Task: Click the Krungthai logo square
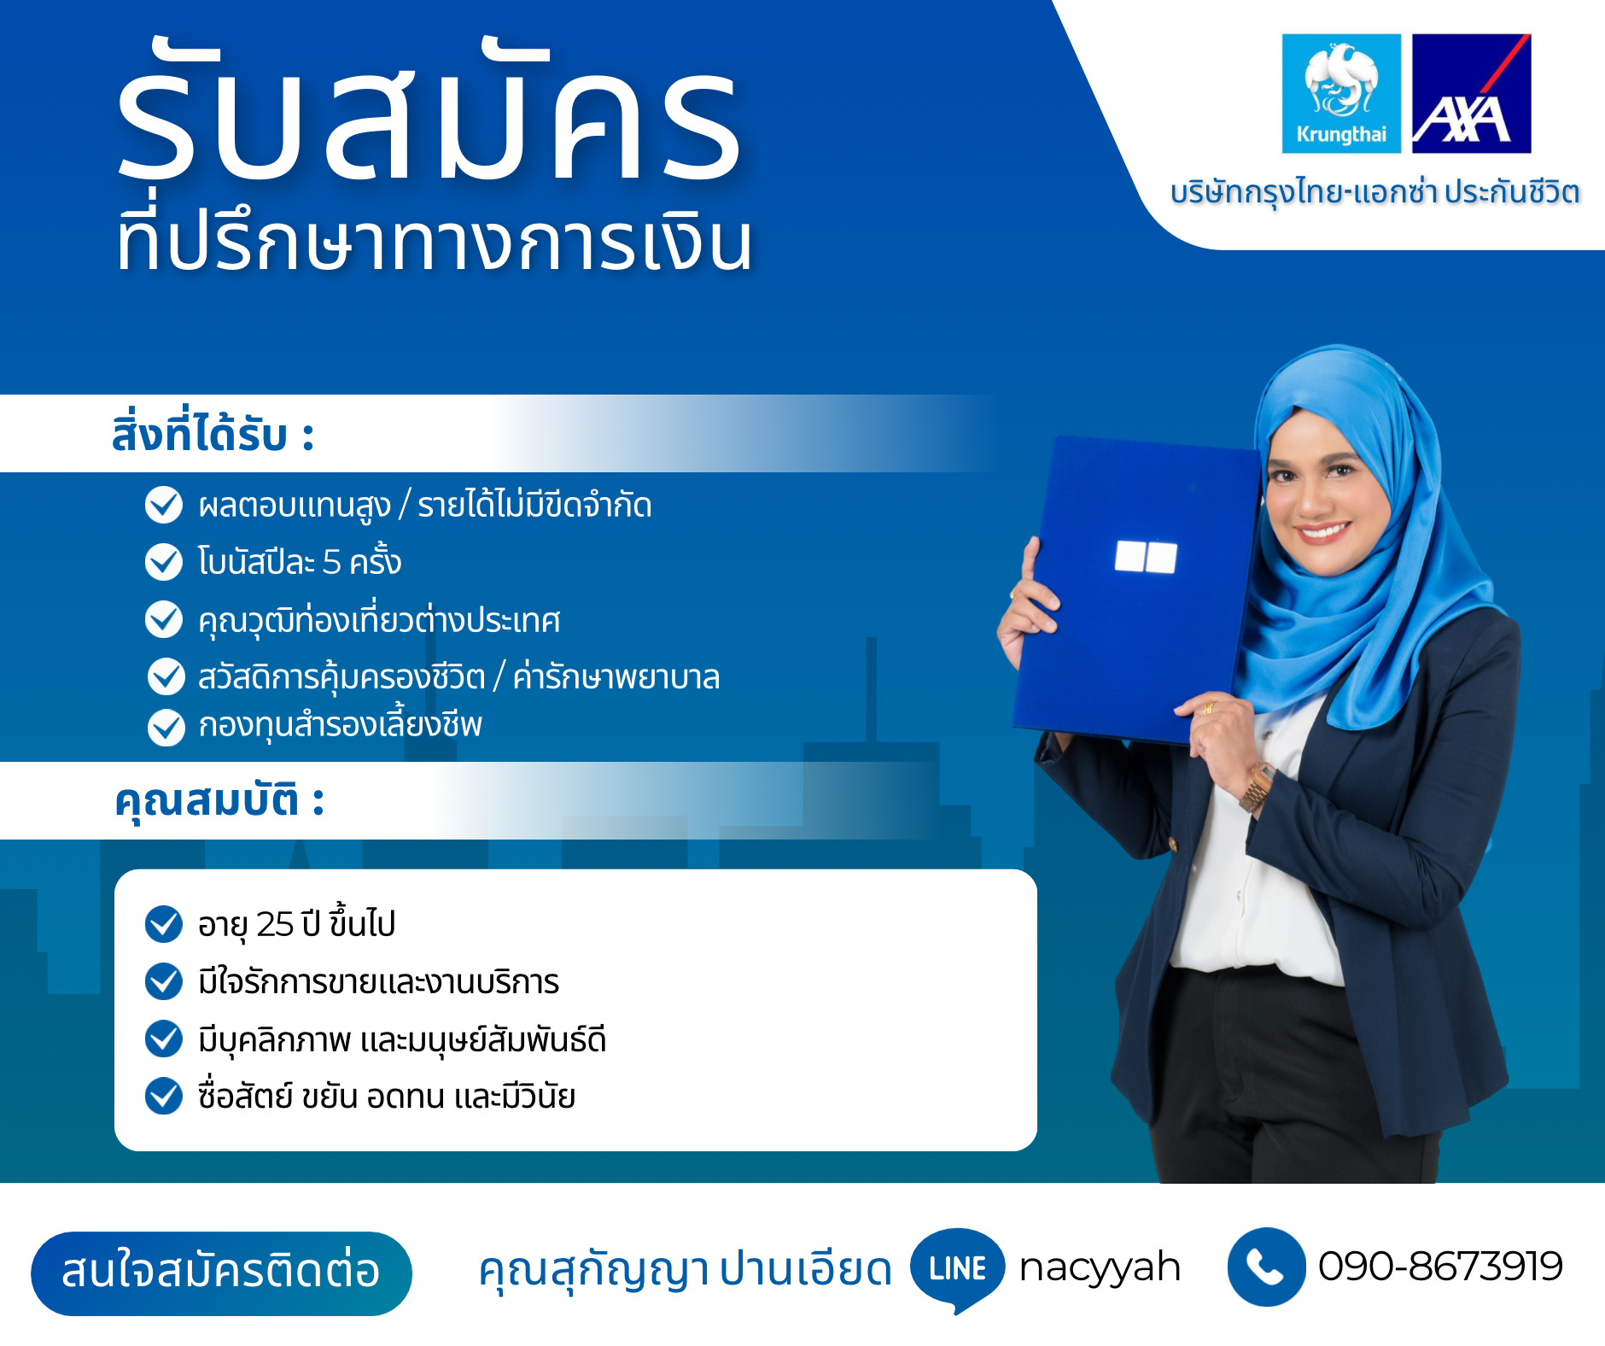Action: (1341, 94)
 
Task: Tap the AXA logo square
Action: (1472, 94)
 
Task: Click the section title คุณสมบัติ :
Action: (219, 801)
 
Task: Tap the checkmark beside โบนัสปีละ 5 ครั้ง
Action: (164, 562)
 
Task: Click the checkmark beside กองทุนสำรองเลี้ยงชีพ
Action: (166, 728)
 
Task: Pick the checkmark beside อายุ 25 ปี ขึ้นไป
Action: (164, 924)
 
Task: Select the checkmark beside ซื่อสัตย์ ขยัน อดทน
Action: (164, 1097)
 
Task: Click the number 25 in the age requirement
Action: (275, 925)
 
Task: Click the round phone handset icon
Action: (1267, 1267)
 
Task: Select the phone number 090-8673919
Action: (1440, 1267)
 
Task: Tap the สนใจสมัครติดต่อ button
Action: (222, 1273)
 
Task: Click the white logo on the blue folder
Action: (1146, 557)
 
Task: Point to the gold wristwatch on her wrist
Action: (1256, 787)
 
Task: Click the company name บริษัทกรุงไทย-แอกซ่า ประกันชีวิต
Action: (1374, 191)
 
